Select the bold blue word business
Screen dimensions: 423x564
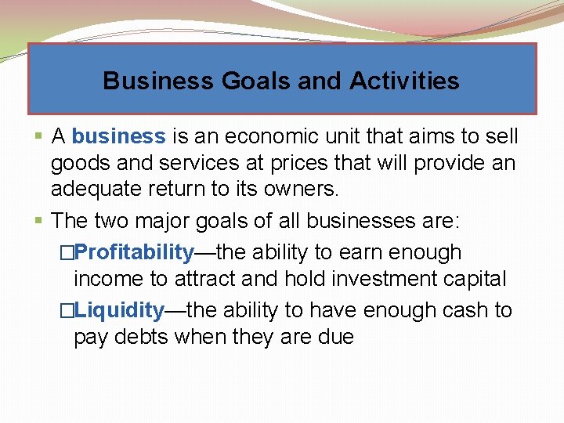[x=118, y=136]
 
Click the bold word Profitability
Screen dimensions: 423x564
[x=136, y=252]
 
